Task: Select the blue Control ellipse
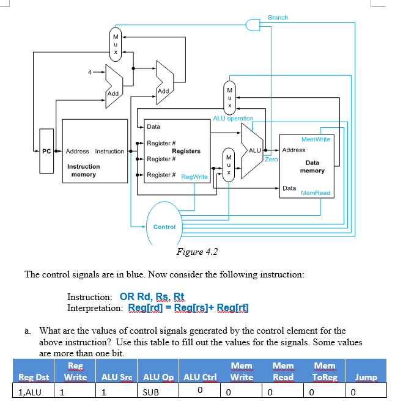(x=164, y=227)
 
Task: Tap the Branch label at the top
(x=278, y=18)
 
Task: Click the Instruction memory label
(x=83, y=170)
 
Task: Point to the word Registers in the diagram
(x=186, y=151)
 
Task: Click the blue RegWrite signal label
(x=194, y=177)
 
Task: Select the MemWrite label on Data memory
(x=316, y=139)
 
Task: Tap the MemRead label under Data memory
(x=316, y=193)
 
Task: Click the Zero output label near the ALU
(x=271, y=159)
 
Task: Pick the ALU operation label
(x=233, y=118)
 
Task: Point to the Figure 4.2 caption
(x=196, y=252)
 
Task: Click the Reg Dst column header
(x=34, y=377)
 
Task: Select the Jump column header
(x=366, y=377)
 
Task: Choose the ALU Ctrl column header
(x=200, y=377)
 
